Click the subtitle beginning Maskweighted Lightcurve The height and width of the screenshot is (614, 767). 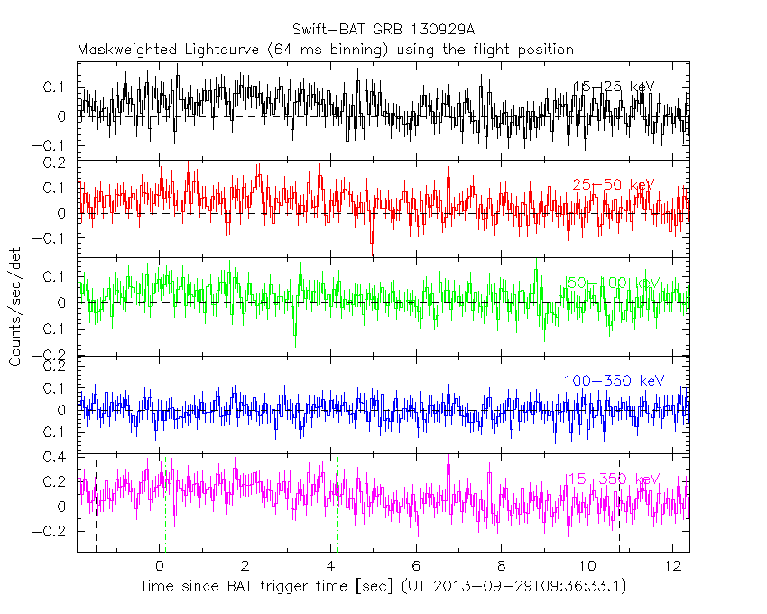pos(326,50)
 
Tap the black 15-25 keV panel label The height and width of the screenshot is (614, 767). pos(613,87)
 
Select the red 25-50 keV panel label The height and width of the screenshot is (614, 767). pos(613,185)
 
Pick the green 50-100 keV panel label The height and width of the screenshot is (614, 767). pos(613,284)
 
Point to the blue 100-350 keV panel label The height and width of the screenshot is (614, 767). pos(613,381)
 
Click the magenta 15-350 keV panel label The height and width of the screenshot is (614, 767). pos(613,479)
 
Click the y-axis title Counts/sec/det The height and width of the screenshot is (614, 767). pos(14,307)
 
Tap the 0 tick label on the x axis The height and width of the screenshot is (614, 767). pos(160,567)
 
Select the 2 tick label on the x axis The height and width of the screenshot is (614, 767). pos(245,567)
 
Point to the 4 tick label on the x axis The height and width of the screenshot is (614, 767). pos(331,567)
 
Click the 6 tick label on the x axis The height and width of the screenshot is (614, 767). pos(416,567)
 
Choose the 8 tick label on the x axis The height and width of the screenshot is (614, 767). pos(502,567)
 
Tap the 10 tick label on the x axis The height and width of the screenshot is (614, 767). pos(587,567)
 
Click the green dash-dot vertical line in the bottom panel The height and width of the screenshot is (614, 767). pos(337,506)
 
